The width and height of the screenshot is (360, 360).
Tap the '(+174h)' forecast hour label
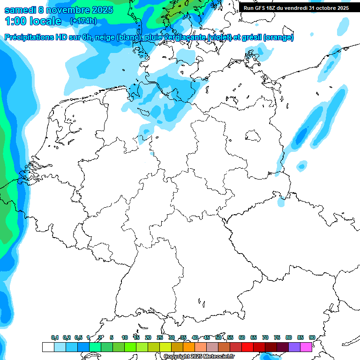tap(83, 21)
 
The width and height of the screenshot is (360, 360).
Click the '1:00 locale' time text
tap(33, 21)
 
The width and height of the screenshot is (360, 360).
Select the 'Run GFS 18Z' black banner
tap(296, 8)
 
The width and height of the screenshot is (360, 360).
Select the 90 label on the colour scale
tap(312, 337)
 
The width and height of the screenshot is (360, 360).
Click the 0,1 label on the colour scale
tap(54, 337)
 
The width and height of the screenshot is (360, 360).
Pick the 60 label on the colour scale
tap(242, 337)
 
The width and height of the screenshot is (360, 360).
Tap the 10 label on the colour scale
tap(124, 337)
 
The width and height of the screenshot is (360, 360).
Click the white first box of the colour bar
tap(48, 347)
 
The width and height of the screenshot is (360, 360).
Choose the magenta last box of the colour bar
tap(306, 347)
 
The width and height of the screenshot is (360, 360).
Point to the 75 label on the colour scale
tap(277, 337)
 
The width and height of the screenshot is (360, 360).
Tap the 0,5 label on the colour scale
tap(78, 337)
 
